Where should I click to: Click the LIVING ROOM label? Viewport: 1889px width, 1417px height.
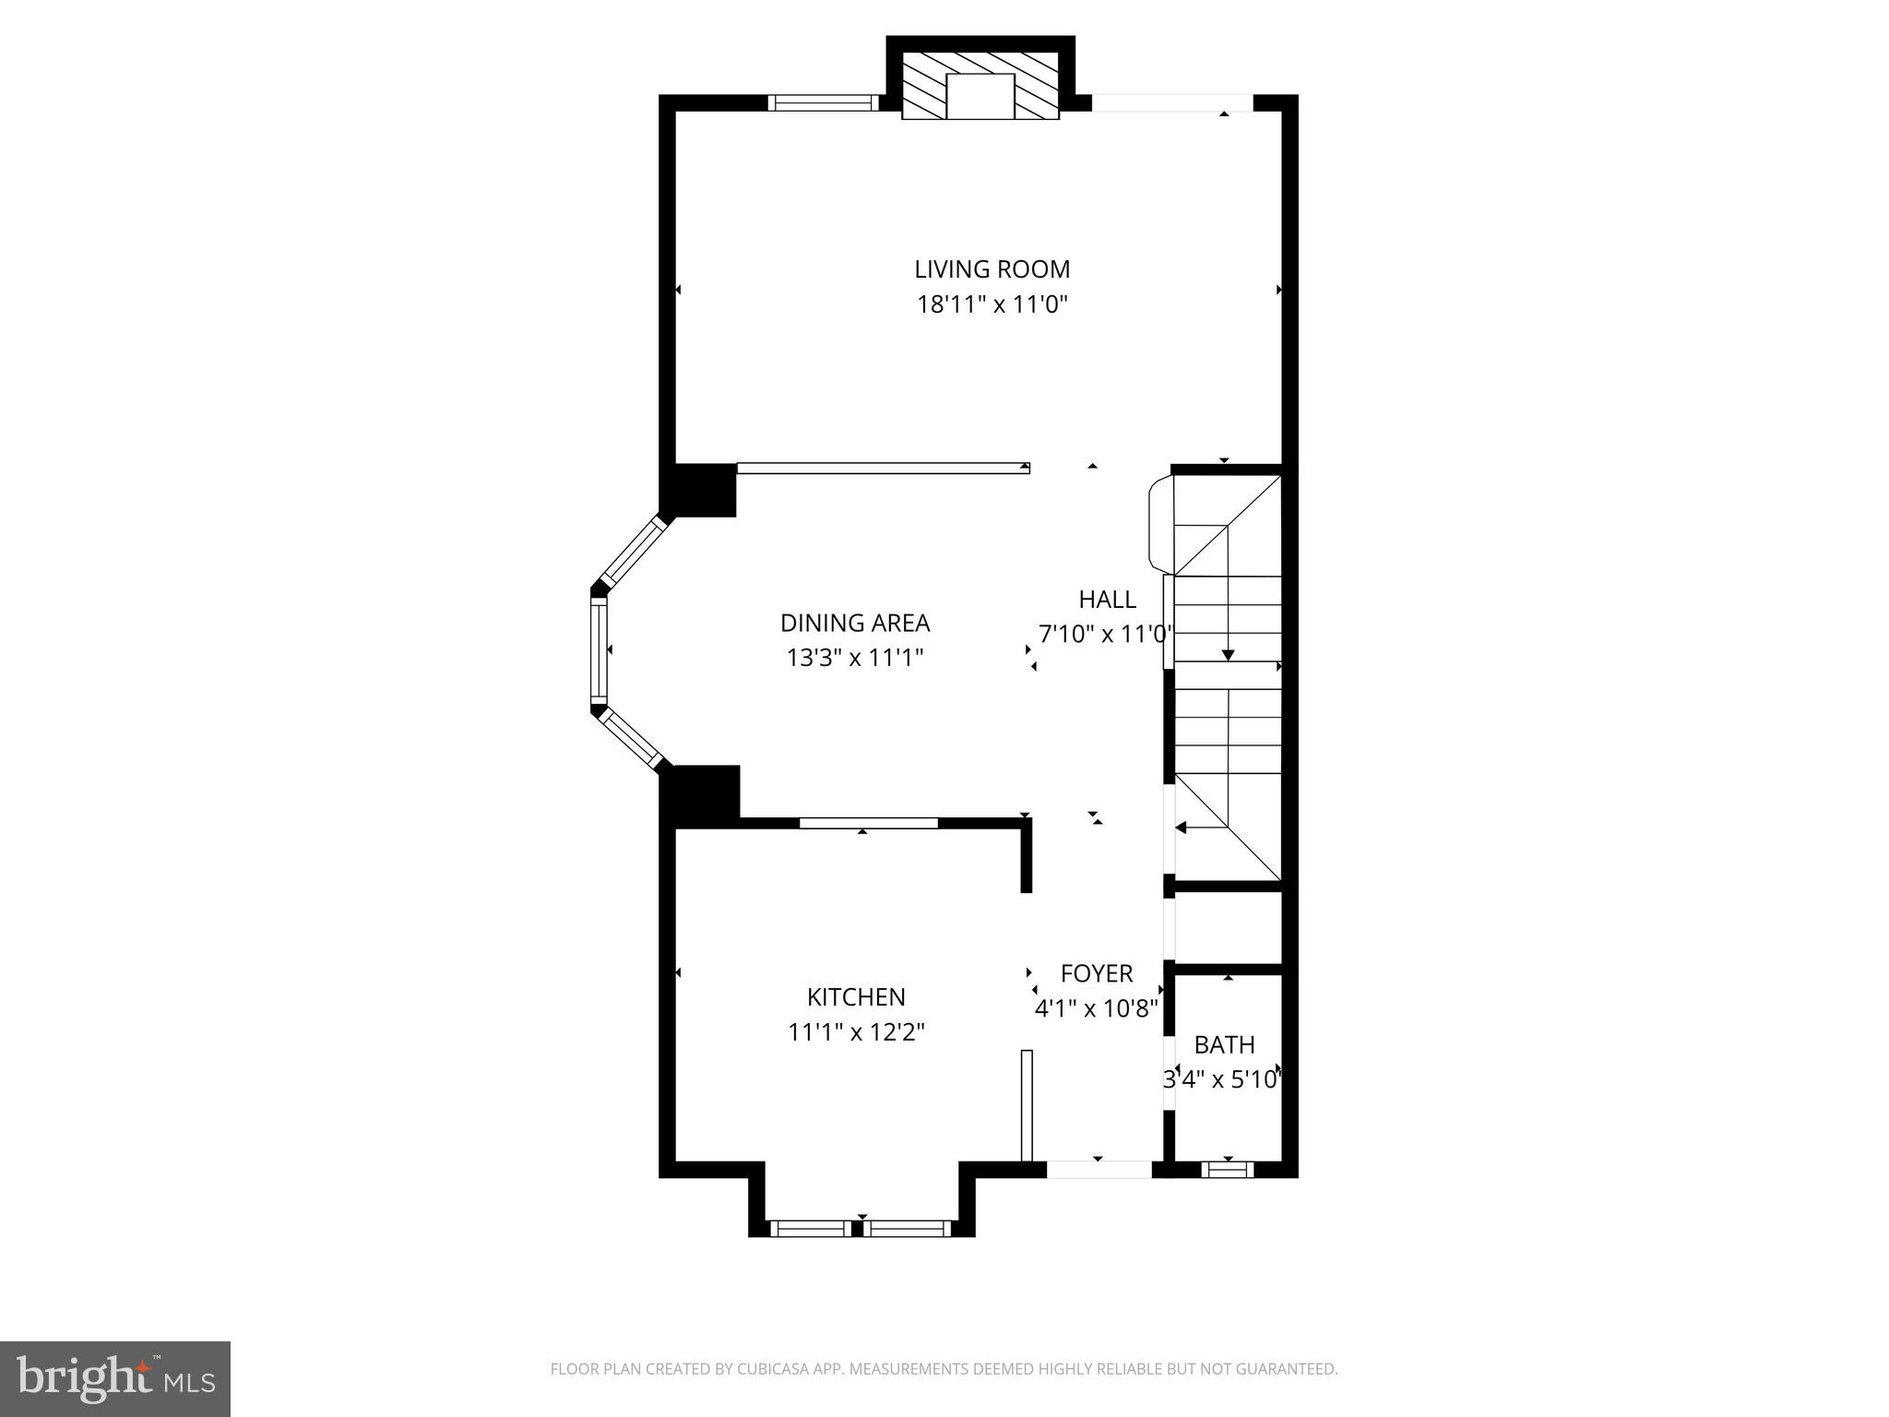point(992,269)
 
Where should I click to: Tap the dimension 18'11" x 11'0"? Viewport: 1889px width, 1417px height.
point(992,304)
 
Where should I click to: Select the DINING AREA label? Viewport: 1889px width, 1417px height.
point(855,624)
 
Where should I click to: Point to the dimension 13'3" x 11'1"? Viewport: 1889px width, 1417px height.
point(855,658)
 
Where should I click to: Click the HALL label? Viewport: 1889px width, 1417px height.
point(1107,600)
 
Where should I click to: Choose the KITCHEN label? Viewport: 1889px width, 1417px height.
point(856,997)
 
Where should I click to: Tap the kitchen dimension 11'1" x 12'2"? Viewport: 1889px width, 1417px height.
point(856,1031)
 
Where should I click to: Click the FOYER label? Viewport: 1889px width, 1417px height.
point(1097,974)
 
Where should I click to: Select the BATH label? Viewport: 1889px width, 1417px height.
point(1224,1045)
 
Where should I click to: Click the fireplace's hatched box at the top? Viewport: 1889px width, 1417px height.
point(980,85)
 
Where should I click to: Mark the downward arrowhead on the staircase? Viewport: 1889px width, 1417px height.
point(1228,655)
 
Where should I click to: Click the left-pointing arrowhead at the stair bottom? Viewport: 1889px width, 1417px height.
point(1181,828)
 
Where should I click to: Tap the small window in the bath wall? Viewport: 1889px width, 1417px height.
point(1228,1170)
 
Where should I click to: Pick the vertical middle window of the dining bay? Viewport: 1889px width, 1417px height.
point(600,649)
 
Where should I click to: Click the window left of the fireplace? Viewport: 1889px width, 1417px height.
point(823,103)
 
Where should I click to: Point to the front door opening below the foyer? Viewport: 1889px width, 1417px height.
point(1099,1169)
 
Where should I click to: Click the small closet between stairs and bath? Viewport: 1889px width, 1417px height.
point(1228,927)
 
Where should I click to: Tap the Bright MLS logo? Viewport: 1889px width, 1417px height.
point(115,1378)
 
